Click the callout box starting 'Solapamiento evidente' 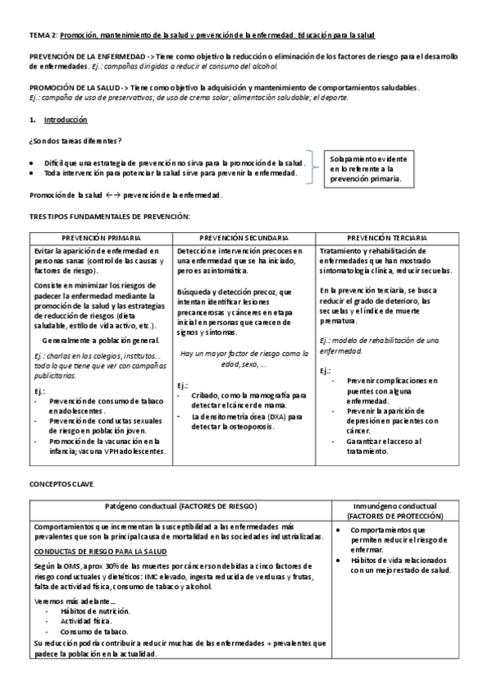(371, 168)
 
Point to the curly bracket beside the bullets (313, 167)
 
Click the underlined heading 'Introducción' (65, 120)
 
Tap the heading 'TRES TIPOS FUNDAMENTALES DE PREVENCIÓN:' (109, 216)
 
